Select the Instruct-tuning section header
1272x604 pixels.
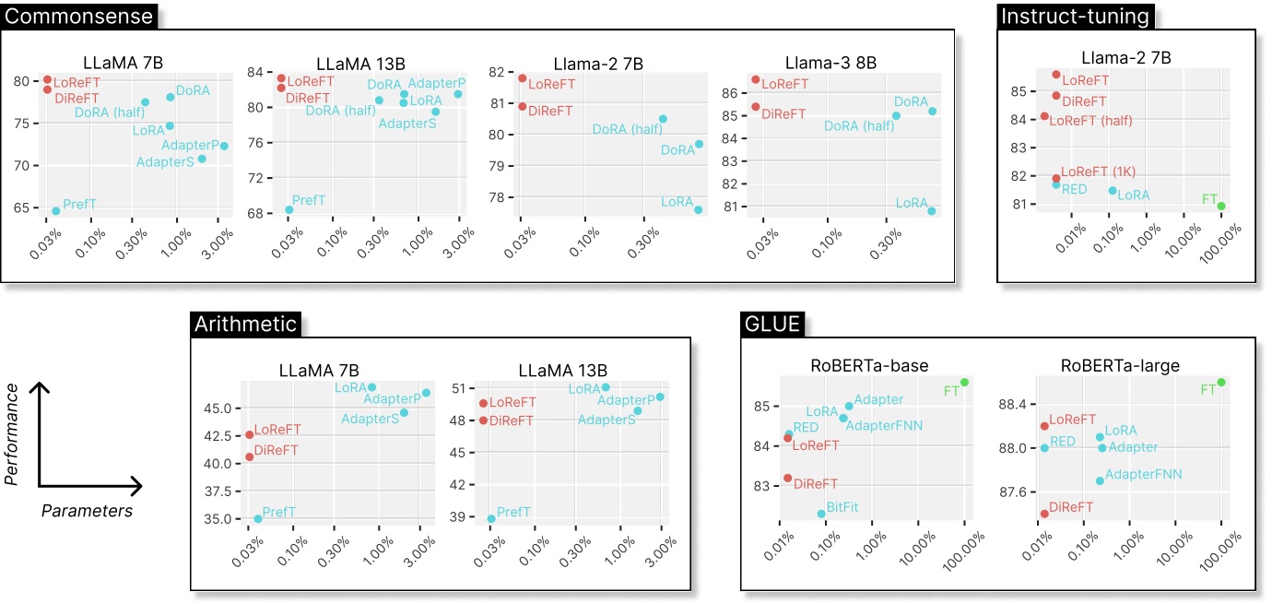coord(1076,16)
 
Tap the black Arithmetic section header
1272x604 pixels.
coord(246,324)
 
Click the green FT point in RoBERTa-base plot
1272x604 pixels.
coord(964,382)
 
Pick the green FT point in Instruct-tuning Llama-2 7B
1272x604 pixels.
coord(1221,206)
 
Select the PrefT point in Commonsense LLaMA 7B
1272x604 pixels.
coord(55,210)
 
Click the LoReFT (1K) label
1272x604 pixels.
coord(1098,172)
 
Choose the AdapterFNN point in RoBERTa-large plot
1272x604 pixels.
coord(1100,480)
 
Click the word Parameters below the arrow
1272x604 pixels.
coord(87,510)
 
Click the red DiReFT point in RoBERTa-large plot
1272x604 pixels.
coord(1043,514)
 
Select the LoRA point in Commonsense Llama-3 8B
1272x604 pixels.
coord(932,210)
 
